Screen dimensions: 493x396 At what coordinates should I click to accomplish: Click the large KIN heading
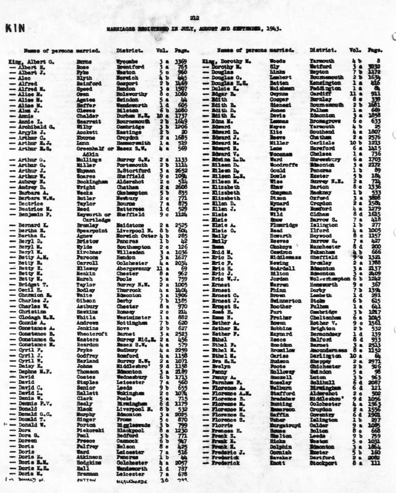15,28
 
